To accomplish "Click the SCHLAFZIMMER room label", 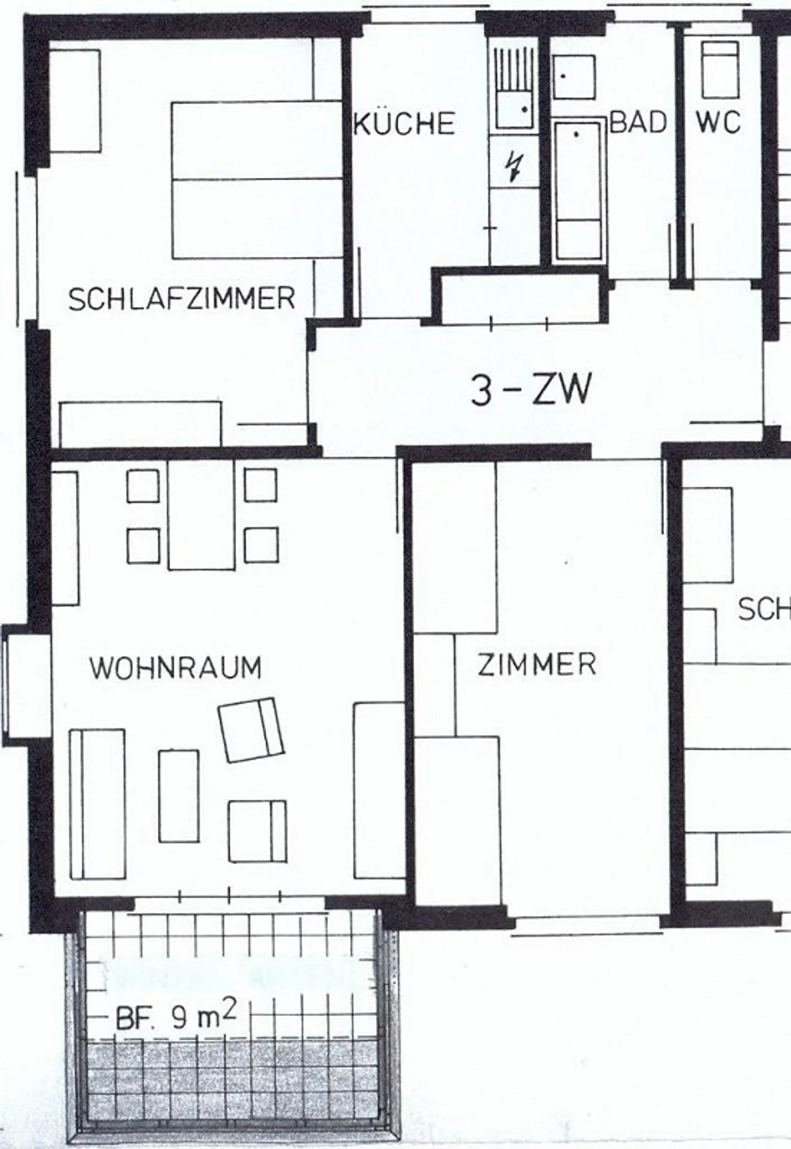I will [181, 299].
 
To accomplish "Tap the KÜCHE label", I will [404, 123].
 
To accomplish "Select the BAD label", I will [638, 122].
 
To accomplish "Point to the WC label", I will [718, 122].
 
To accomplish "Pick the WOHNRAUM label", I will [176, 668].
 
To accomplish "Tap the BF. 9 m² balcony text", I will [176, 1020].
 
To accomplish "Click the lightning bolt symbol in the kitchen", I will [515, 167].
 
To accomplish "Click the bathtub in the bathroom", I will [578, 190].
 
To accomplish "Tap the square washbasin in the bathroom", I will [573, 77].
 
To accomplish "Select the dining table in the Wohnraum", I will [201, 515].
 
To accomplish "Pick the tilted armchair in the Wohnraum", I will [252, 729].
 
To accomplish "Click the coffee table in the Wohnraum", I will [179, 796].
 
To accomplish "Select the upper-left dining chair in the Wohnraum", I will [143, 486].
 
